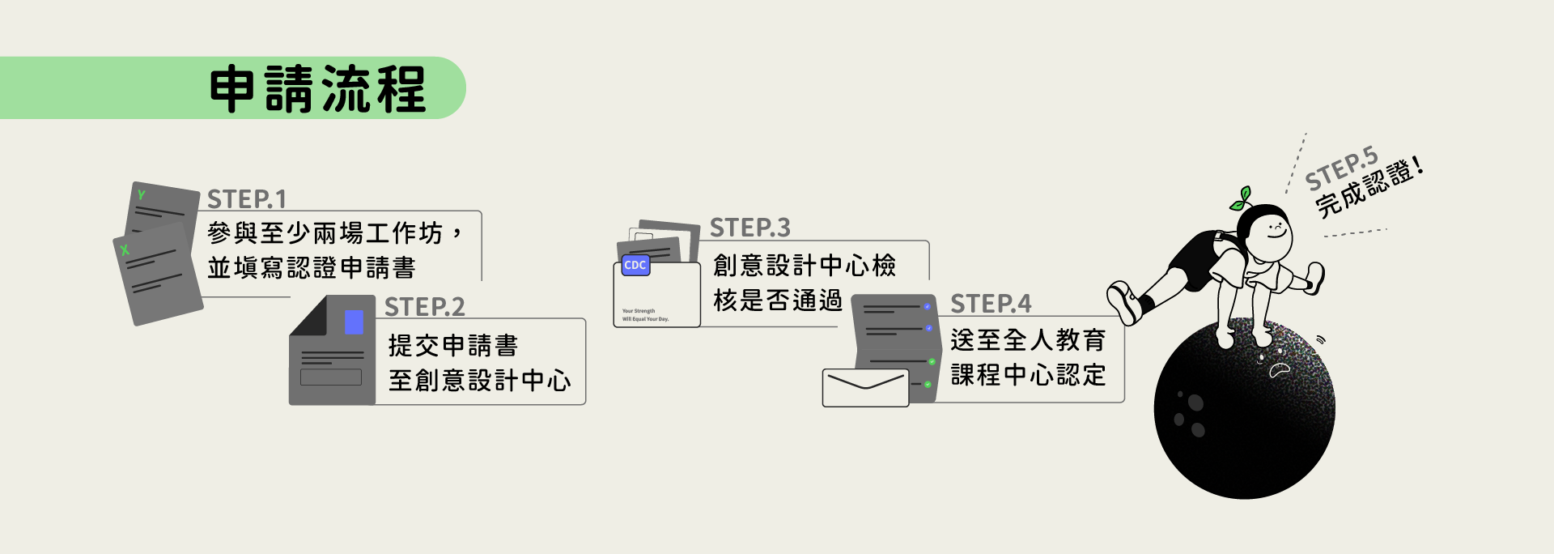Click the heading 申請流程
pos(317,89)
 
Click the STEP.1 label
pos(247,199)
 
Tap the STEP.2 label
pos(424,307)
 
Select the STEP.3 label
pos(749,228)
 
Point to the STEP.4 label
pos(991,304)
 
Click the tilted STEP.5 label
pos(1341,168)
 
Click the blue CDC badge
pos(635,265)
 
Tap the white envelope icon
pos(865,387)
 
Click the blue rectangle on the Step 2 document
pos(354,322)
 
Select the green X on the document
pos(125,250)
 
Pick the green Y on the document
pos(142,195)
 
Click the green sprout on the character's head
pos(1241,198)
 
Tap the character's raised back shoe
pos(1124,302)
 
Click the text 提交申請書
pos(452,346)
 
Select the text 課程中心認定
pos(1028,375)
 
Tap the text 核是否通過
pos(777,300)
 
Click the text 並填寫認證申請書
pos(312,268)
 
